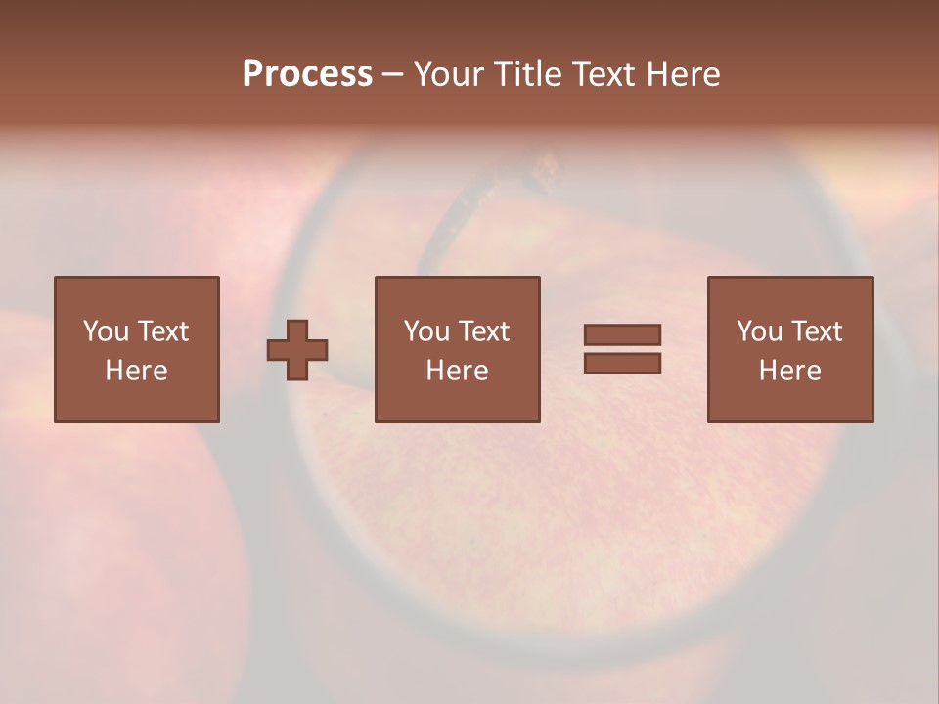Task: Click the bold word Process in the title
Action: click(307, 74)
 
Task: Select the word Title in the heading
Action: click(528, 74)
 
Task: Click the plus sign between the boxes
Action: click(297, 350)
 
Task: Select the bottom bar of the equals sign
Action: click(622, 363)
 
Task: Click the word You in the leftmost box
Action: click(106, 331)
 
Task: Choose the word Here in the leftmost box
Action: click(136, 371)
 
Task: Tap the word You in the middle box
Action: click(426, 331)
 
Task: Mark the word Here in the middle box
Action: click(457, 371)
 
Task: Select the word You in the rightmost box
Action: click(759, 331)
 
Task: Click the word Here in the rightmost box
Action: click(789, 371)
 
